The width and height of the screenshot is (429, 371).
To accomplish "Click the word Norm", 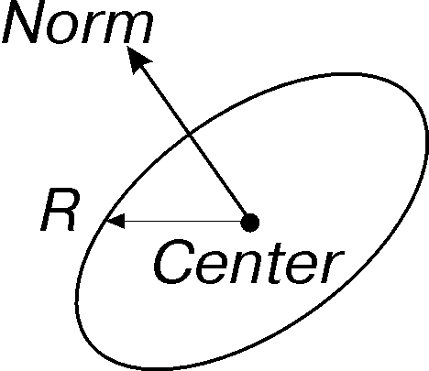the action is (x=78, y=22).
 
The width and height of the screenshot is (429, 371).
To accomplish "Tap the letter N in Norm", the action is (x=24, y=21).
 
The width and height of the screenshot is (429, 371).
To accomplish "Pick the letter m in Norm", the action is (x=127, y=27).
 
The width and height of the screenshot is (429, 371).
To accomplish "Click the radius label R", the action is (x=60, y=210).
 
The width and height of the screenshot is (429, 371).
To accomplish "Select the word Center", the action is (x=249, y=261).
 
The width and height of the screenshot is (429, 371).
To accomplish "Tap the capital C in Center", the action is (x=174, y=261).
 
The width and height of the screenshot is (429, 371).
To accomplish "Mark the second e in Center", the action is (x=302, y=267).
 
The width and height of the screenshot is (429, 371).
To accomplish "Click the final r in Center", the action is (x=333, y=267).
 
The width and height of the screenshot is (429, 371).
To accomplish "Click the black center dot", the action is (x=250, y=223).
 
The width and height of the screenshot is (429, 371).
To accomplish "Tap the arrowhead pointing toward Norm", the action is (x=137, y=59).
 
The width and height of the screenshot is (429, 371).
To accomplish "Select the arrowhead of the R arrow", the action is (x=115, y=221).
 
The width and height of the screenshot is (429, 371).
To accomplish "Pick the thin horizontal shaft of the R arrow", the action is (x=182, y=221).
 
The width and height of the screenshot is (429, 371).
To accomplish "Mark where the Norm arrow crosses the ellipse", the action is (x=189, y=134).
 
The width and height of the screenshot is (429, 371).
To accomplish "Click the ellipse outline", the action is (x=426, y=137).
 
